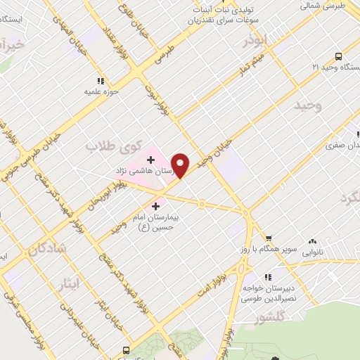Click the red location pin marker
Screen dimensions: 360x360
coord(181,165)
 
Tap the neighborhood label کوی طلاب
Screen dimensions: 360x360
coord(105,146)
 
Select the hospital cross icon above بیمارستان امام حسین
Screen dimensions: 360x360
coord(155,206)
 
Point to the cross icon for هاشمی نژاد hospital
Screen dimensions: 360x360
coord(150,160)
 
